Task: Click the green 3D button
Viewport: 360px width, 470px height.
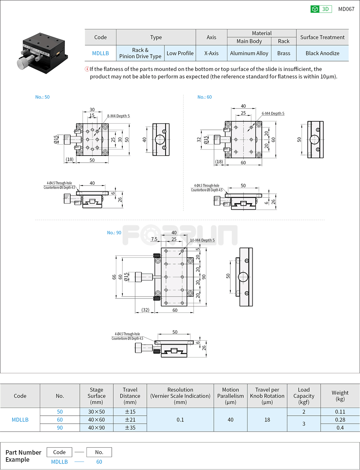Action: pyautogui.click(x=321, y=9)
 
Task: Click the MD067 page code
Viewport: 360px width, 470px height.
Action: pyautogui.click(x=346, y=9)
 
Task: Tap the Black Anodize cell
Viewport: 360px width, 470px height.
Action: pyautogui.click(x=322, y=53)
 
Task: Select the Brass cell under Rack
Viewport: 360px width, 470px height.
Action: pyautogui.click(x=283, y=53)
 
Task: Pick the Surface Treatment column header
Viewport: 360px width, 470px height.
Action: pyautogui.click(x=322, y=37)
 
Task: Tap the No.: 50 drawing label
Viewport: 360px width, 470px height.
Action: pyautogui.click(x=42, y=97)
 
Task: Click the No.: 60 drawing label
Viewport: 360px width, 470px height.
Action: pyautogui.click(x=205, y=97)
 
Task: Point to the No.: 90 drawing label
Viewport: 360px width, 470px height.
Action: pyautogui.click(x=114, y=233)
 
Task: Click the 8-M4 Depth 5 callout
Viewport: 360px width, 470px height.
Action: pyautogui.click(x=118, y=116)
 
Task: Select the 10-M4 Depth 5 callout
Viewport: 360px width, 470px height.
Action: pyautogui.click(x=202, y=240)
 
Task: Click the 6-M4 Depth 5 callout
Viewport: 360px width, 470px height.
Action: pyautogui.click(x=273, y=113)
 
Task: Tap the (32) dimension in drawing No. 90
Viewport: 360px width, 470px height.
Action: pyautogui.click(x=145, y=310)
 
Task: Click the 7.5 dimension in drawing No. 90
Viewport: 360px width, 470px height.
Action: pyautogui.click(x=154, y=239)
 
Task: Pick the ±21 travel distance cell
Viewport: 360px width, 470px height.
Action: pyautogui.click(x=130, y=420)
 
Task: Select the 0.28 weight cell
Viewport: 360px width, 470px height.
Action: pyautogui.click(x=340, y=420)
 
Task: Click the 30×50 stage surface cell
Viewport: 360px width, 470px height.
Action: pyautogui.click(x=96, y=412)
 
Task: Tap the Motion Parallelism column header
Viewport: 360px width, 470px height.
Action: pyautogui.click(x=230, y=396)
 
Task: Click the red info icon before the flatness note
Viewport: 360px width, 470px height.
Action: pyautogui.click(x=87, y=69)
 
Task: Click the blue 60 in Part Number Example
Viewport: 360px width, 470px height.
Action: pyautogui.click(x=99, y=462)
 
